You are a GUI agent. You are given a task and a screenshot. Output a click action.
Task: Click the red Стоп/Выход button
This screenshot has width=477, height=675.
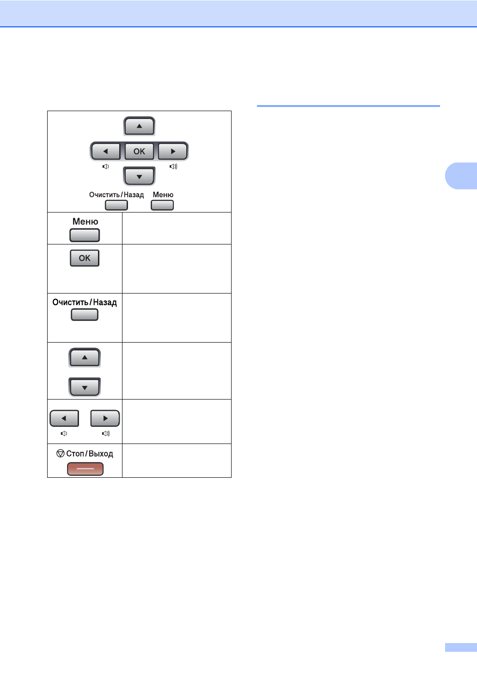(x=85, y=469)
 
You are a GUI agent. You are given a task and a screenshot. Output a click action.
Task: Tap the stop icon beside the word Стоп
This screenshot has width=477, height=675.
(x=60, y=453)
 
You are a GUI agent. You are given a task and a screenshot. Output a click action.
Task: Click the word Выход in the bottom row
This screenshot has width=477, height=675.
(x=101, y=454)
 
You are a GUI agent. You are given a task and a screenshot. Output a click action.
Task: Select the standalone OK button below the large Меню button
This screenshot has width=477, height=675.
(x=85, y=258)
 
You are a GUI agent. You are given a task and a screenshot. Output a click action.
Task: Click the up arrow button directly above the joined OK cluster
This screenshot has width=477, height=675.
(x=139, y=126)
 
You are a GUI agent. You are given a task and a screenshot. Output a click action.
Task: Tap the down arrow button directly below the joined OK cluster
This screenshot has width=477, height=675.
(x=139, y=176)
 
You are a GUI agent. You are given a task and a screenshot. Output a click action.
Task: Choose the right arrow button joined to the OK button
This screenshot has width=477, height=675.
(x=173, y=151)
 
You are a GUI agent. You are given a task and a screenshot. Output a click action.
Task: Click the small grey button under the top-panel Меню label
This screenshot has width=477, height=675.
(x=162, y=205)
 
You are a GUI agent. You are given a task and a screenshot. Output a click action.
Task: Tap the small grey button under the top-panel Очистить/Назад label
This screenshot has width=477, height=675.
(x=116, y=205)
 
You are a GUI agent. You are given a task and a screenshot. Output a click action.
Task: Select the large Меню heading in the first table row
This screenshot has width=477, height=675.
(x=85, y=222)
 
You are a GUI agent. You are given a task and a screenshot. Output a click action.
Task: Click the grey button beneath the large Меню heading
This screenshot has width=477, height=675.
(x=85, y=235)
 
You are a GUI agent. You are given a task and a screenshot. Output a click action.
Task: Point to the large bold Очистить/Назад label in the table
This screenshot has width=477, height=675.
(x=85, y=302)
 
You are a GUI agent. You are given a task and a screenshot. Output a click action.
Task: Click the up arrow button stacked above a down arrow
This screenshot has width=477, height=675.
(x=85, y=357)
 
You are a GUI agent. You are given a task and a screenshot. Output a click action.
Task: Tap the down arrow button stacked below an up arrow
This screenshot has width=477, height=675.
(x=85, y=387)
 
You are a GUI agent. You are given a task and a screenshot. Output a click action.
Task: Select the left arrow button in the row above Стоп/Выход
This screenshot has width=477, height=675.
(x=64, y=418)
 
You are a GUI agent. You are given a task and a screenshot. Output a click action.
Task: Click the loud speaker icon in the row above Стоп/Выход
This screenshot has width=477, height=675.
(x=106, y=433)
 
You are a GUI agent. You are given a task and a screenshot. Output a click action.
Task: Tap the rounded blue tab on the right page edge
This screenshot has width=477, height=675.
(x=461, y=176)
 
